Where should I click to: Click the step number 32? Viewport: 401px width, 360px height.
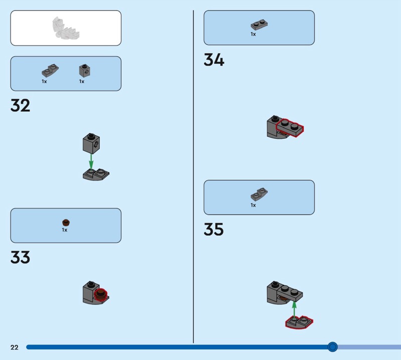[20, 105]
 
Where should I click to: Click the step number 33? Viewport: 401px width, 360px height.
[20, 258]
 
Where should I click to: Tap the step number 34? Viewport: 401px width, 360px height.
[214, 60]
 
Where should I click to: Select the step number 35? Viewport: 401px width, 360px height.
[214, 230]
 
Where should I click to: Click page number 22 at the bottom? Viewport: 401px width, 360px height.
[14, 347]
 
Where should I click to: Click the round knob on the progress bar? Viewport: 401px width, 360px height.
[332, 346]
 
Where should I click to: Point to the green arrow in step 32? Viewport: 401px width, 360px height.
[91, 161]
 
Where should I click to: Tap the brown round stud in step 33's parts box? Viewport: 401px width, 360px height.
[65, 222]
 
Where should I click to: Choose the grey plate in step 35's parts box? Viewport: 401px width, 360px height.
[259, 194]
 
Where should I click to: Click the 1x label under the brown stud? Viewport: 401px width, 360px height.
[65, 230]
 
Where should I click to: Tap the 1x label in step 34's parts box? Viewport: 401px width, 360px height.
[253, 34]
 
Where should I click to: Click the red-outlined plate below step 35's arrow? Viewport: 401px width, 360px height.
[299, 322]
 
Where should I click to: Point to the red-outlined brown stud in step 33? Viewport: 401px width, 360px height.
[102, 293]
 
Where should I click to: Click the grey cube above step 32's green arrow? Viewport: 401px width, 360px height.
[91, 143]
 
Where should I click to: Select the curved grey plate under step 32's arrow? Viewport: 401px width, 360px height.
[96, 174]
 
